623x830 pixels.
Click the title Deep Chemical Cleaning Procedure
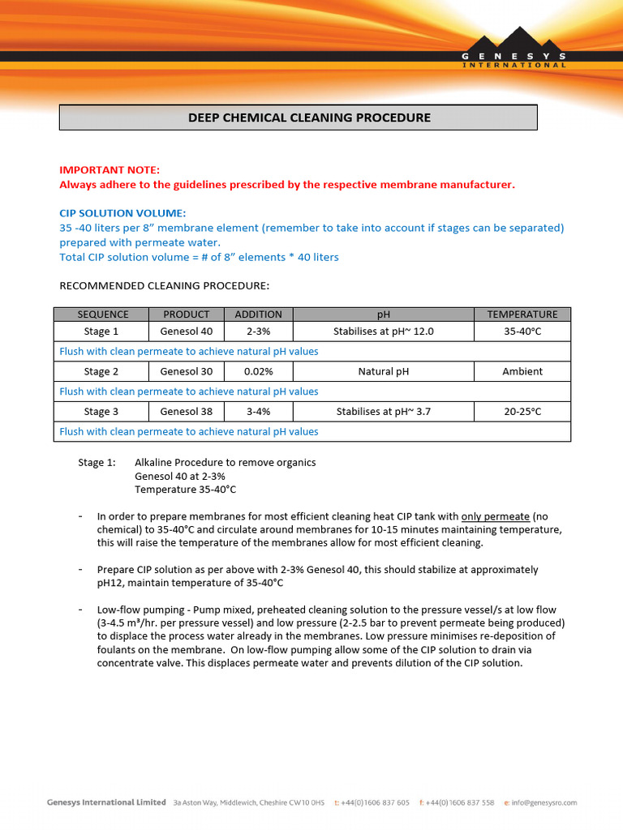tap(298, 118)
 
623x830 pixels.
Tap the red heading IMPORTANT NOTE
tap(110, 169)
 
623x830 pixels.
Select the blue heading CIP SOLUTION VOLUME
tap(122, 213)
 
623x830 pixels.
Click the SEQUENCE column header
tap(102, 314)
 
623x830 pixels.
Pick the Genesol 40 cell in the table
tap(186, 332)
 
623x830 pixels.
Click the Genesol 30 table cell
tap(186, 371)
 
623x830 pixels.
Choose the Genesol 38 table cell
tap(186, 412)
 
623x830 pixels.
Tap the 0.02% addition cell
tap(258, 371)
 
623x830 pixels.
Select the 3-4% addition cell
tap(258, 412)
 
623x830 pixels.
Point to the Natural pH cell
tap(383, 371)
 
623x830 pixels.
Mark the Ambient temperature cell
tap(522, 371)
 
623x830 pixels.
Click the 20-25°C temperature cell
tap(522, 412)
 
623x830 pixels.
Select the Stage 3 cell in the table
tap(101, 412)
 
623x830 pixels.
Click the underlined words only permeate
tap(495, 516)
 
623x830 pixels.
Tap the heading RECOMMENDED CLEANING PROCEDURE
tap(165, 286)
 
